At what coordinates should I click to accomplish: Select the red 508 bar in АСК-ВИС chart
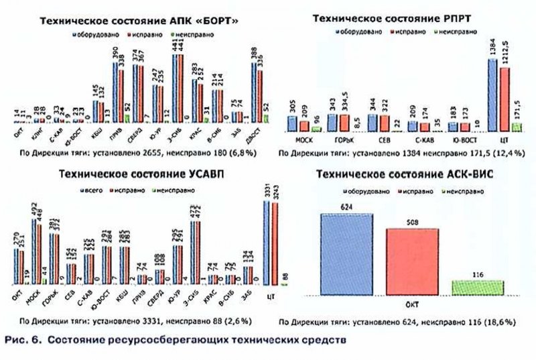(412, 262)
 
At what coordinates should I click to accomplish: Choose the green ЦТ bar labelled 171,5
(515, 127)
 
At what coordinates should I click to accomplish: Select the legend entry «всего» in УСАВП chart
(91, 189)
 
